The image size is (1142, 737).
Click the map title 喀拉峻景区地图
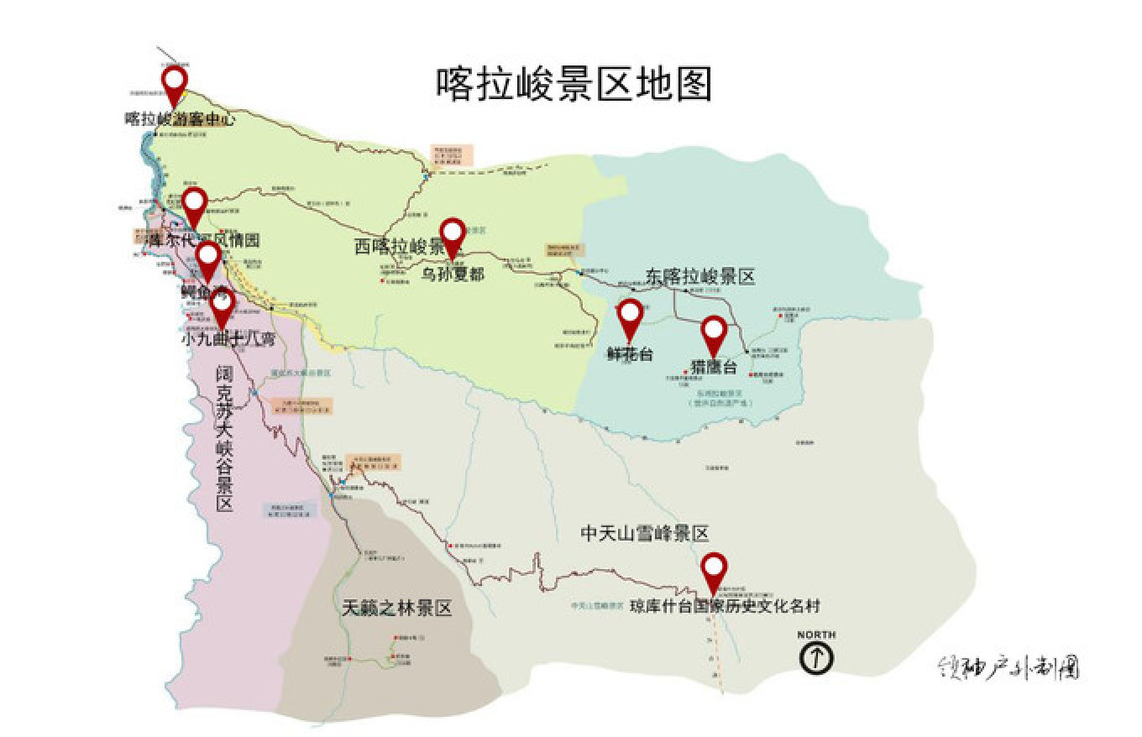point(574,85)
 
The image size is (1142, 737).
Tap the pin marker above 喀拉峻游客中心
point(174,83)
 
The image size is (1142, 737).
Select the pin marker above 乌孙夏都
point(453,234)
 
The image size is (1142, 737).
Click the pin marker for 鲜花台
point(631,316)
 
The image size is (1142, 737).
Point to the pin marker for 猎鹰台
point(714,332)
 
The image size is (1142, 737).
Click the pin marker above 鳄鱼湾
point(207,259)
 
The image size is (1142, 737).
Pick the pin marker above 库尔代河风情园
point(195,204)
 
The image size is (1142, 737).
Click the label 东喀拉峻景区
point(701,276)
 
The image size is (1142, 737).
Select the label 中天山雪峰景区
point(645,533)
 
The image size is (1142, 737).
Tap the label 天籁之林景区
point(396,609)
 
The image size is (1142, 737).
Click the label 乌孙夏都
point(453,274)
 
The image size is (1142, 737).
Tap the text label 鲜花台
point(630,354)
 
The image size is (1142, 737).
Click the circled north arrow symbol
point(816,658)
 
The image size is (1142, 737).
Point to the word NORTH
point(816,635)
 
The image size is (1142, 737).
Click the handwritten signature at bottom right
point(1008,667)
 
